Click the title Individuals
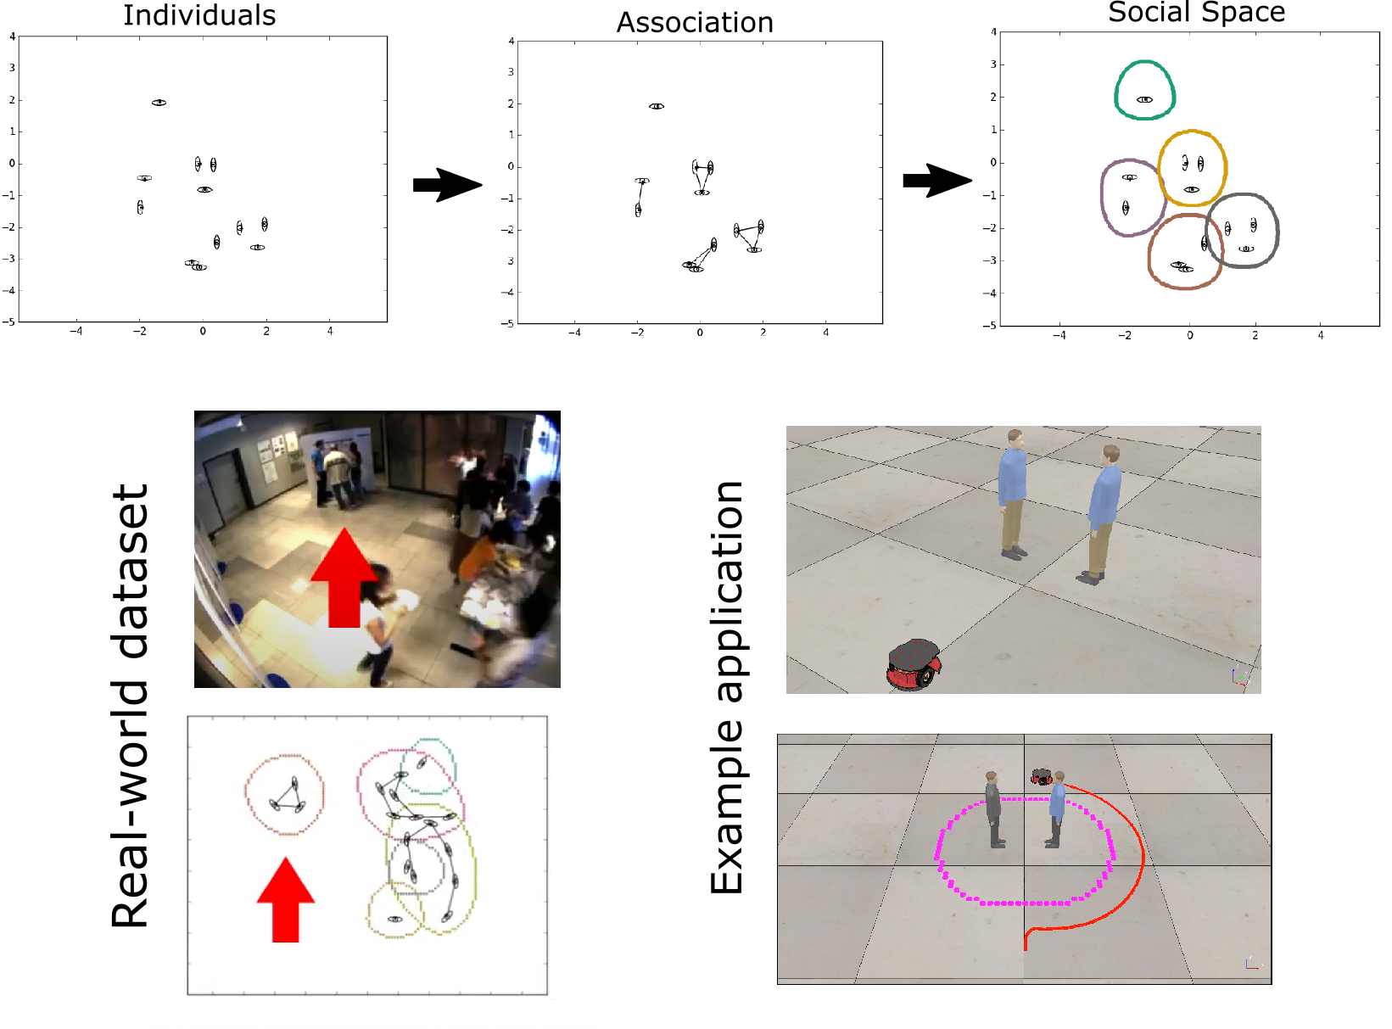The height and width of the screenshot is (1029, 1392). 199,15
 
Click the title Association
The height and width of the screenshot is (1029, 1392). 695,23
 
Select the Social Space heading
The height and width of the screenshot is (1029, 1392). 1196,12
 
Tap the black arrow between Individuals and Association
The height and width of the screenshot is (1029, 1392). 446,184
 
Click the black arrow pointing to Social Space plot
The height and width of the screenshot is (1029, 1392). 936,180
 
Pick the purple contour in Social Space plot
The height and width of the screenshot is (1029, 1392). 1103,196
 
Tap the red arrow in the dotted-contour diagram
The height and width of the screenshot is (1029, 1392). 286,900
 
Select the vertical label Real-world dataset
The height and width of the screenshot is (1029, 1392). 131,705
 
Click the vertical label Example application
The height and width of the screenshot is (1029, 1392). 727,687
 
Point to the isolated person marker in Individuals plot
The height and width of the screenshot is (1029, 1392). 159,103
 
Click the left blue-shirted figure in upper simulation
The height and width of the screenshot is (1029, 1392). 1012,496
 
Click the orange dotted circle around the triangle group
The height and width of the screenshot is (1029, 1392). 246,794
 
